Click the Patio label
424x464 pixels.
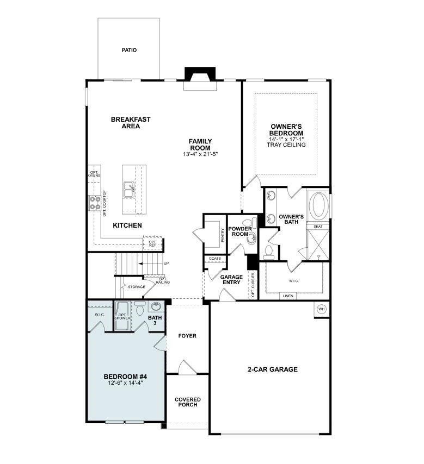(129, 50)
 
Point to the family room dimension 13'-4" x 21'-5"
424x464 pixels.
(200, 154)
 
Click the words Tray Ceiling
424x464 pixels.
(286, 145)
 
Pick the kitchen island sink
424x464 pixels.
(130, 190)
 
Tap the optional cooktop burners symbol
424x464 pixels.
(93, 203)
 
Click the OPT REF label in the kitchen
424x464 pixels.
(153, 243)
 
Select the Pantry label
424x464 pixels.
(222, 234)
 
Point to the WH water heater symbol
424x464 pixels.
(321, 309)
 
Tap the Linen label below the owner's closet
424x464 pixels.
(288, 296)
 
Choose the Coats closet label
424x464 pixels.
(215, 259)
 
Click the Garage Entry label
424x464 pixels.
(231, 280)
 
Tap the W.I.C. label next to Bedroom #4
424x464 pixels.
(100, 314)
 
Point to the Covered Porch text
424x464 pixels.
(187, 402)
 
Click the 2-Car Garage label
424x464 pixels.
(273, 369)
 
